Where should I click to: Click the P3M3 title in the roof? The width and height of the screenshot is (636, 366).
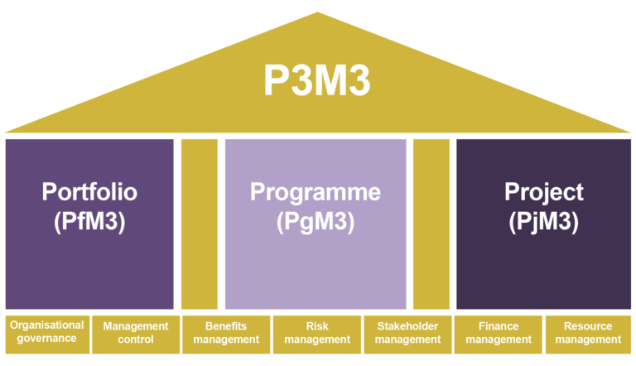click(317, 81)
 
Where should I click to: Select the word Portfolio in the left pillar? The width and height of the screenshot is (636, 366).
click(89, 192)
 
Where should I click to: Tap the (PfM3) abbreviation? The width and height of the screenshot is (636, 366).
click(89, 221)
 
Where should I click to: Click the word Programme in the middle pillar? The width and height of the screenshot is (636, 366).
click(316, 192)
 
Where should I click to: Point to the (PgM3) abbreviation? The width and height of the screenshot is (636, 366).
click(316, 221)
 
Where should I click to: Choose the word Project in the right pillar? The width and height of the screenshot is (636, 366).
click(544, 192)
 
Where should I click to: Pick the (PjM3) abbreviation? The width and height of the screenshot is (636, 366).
click(544, 221)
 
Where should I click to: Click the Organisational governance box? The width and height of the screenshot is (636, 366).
click(46, 332)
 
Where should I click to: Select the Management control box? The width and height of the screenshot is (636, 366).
click(135, 333)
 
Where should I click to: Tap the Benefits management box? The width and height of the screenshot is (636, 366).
click(226, 333)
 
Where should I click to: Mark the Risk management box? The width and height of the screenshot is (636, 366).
click(317, 333)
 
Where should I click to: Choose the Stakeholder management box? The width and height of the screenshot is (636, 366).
click(407, 333)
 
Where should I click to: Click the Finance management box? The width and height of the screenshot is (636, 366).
click(498, 333)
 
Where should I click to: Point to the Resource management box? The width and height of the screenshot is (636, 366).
click(588, 333)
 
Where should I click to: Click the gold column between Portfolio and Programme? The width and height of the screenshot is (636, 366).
click(200, 224)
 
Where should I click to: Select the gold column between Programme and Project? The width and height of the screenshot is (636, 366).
click(431, 224)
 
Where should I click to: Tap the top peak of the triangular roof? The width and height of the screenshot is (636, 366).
click(317, 14)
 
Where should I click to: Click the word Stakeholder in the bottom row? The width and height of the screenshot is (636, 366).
click(407, 326)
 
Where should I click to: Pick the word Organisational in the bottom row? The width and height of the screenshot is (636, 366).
click(46, 325)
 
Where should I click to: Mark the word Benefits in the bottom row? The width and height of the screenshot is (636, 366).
click(226, 326)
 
